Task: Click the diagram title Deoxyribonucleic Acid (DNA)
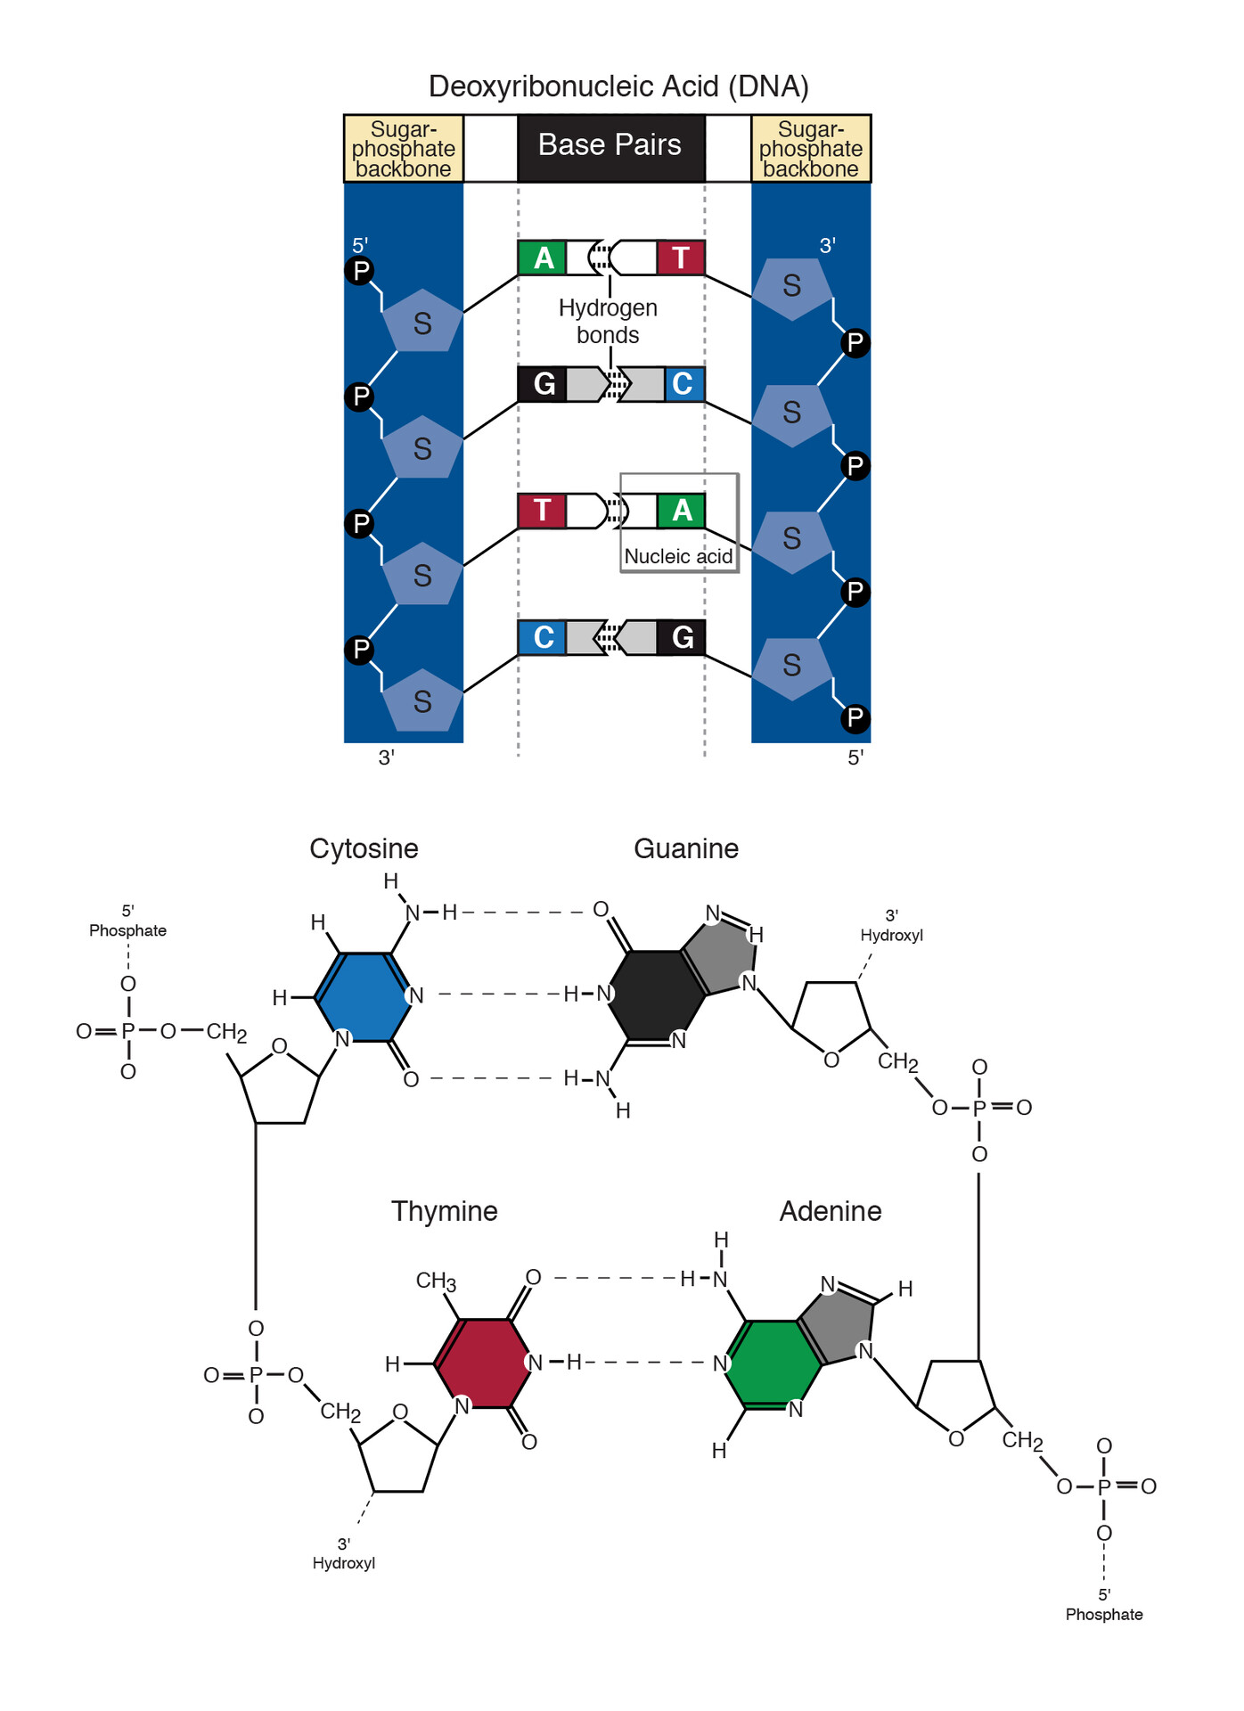tap(618, 86)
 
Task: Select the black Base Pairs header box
tap(610, 145)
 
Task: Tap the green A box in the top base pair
tap(542, 258)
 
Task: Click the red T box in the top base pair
tap(681, 258)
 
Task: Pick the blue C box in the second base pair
tap(683, 384)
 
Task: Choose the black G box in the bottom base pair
tap(682, 637)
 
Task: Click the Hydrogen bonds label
tap(608, 321)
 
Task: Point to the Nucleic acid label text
tap(678, 556)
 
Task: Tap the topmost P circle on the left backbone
tap(360, 271)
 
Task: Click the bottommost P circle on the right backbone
tap(855, 717)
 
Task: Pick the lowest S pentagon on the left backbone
tap(422, 700)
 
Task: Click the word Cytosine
tap(364, 848)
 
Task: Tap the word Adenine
tap(831, 1211)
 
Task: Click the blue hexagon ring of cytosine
tap(362, 996)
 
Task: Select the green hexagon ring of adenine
tap(773, 1363)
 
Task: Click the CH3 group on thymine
tap(436, 1281)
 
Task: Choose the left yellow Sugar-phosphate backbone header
tap(404, 149)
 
